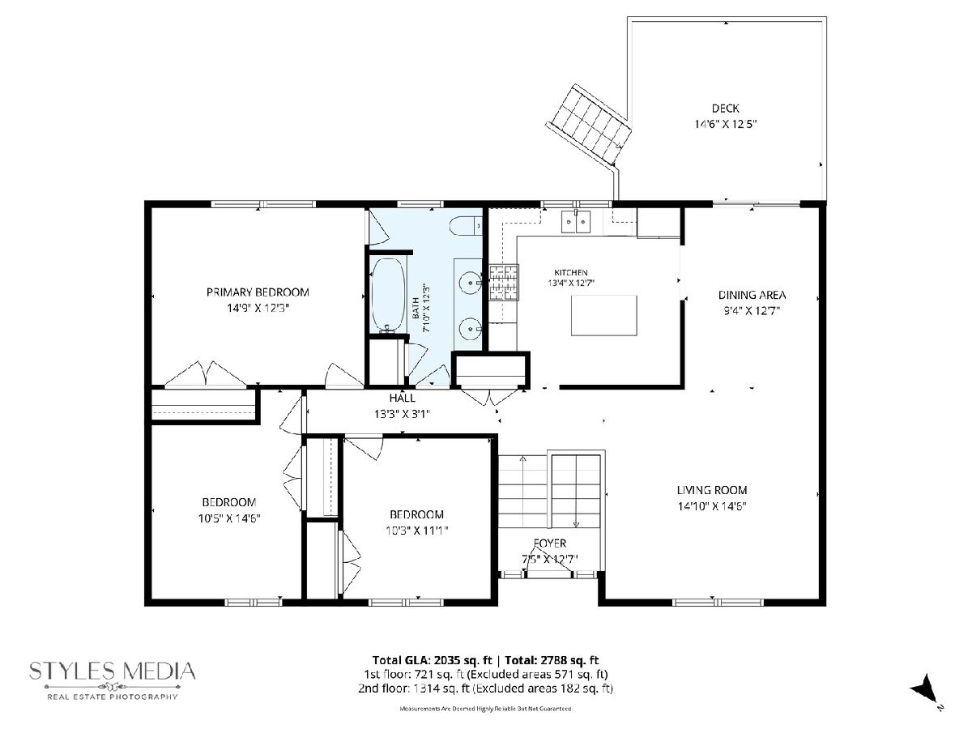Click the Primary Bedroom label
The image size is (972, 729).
[x=258, y=292]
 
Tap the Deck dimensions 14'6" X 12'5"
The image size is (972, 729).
[x=725, y=125]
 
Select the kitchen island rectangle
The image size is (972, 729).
[x=604, y=316]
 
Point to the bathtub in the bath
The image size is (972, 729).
[x=389, y=295]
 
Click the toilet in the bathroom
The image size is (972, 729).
[x=466, y=226]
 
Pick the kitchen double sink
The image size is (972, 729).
[x=576, y=222]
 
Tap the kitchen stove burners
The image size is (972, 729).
[x=504, y=283]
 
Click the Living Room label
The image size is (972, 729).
[x=712, y=490]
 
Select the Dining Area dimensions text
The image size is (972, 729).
[x=752, y=311]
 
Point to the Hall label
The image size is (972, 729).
[x=402, y=398]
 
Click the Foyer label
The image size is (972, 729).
[x=549, y=543]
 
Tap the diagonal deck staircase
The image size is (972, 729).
[x=589, y=126]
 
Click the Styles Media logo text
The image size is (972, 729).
[x=113, y=671]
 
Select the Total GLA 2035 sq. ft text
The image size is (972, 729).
[x=433, y=660]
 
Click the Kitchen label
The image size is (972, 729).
[x=571, y=273]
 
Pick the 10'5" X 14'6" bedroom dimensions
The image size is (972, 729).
[x=229, y=518]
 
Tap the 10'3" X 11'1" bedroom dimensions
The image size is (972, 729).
[x=416, y=531]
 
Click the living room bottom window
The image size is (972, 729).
[x=718, y=602]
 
